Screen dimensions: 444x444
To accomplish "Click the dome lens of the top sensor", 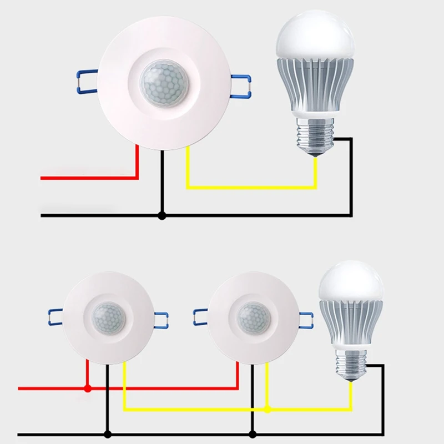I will pyautogui.click(x=163, y=83).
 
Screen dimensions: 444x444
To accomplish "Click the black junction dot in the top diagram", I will pyautogui.click(x=162, y=215).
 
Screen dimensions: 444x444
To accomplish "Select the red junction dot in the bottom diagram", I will pyautogui.click(x=87, y=389).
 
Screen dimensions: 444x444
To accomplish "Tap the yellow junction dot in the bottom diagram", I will pyautogui.click(x=268, y=410).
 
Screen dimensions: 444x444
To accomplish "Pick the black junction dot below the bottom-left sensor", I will pyautogui.click(x=108, y=433).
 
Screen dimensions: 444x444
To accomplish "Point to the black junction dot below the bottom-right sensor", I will pyautogui.click(x=253, y=433).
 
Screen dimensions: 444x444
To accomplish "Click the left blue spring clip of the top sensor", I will pyautogui.click(x=84, y=81).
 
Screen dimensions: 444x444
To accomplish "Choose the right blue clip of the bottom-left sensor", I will pyautogui.click(x=161, y=319).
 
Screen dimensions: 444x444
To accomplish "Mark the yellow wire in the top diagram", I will pyautogui.click(x=250, y=187).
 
